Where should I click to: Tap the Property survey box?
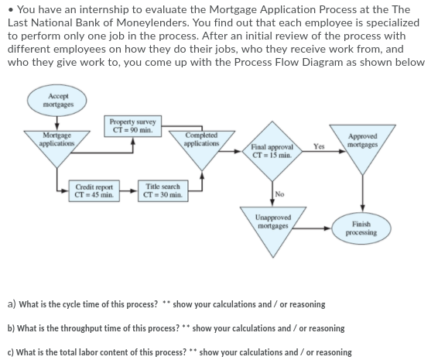pyautogui.click(x=133, y=125)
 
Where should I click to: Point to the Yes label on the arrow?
pyautogui.click(x=318, y=146)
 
